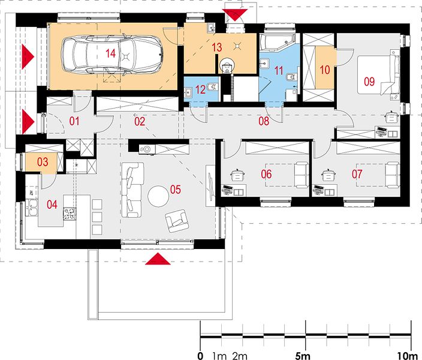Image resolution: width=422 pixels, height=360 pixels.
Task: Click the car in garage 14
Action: [x=113, y=55]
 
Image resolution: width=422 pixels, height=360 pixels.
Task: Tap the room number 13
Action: [x=216, y=47]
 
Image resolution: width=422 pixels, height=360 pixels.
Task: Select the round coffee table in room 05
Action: [x=158, y=196]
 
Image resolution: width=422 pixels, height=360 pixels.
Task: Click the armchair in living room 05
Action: [x=176, y=221]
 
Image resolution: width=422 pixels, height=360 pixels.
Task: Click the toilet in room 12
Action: [x=213, y=88]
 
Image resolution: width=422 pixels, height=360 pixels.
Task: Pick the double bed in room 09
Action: [x=379, y=74]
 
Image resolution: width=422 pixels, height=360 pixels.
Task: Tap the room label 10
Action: [x=325, y=70]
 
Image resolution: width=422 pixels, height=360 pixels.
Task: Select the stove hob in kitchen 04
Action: [x=70, y=214]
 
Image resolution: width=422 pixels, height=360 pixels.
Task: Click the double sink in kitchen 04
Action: [x=31, y=207]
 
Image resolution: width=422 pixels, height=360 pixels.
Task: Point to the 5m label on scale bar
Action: [x=303, y=356]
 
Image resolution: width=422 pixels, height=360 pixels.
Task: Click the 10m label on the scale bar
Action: [x=409, y=356]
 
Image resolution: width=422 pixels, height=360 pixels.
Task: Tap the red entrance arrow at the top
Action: [x=235, y=15]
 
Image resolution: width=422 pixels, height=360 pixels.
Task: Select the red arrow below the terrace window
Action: [x=158, y=259]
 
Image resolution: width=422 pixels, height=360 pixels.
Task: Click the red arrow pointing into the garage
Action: [x=28, y=56]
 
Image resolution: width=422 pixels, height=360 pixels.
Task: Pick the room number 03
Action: [x=43, y=162]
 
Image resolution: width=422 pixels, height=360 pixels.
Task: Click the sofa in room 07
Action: [x=392, y=175]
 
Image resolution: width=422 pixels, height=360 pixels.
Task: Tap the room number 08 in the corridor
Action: [x=264, y=121]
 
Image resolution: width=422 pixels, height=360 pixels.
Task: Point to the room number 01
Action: [x=74, y=121]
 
